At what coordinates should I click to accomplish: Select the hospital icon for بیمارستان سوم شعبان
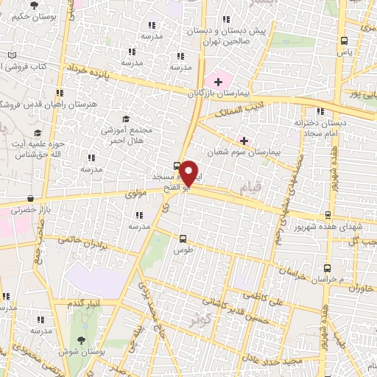coord(244,140)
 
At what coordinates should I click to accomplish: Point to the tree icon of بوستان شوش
coord(80,340)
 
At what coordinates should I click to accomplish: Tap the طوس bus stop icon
coord(183,237)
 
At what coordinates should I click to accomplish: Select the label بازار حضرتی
coord(27,211)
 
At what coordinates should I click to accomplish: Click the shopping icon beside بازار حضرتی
coord(29,198)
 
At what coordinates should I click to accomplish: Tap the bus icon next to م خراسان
coord(325,268)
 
